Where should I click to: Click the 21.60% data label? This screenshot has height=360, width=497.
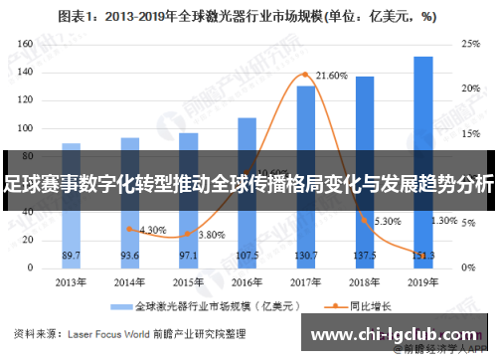[331, 76]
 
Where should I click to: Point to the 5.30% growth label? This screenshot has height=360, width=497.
[387, 221]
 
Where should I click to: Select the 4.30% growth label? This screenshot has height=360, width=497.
[153, 230]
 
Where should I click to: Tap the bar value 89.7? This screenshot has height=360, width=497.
[71, 256]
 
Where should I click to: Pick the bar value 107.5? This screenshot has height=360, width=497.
[247, 256]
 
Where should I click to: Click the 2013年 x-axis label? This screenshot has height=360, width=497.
[71, 282]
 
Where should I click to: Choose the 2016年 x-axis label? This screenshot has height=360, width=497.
[247, 282]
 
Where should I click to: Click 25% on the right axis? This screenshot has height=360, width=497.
[471, 44]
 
